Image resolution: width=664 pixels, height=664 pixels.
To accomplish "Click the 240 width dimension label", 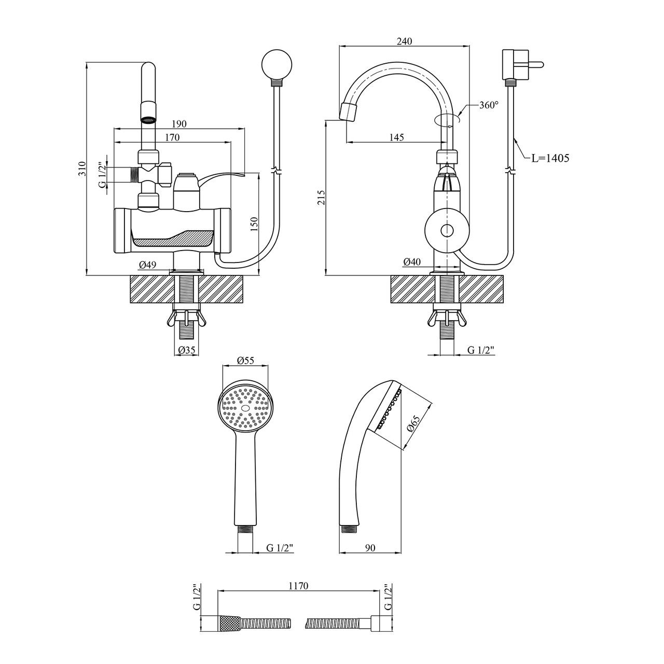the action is pos(404,41).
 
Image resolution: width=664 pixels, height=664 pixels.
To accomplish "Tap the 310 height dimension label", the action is pos(82,169).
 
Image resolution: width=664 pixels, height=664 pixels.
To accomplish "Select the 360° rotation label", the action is pos(489,105).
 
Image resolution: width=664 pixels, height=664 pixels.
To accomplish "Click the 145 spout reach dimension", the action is pos(397,137).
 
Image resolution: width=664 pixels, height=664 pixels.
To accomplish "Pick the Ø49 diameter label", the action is pos(147,265).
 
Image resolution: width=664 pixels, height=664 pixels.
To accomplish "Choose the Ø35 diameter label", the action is pos(186,350).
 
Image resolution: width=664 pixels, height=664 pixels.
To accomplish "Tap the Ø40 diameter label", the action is pos(412,262).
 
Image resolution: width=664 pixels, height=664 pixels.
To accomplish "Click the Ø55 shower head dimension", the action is pos(245,360).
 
